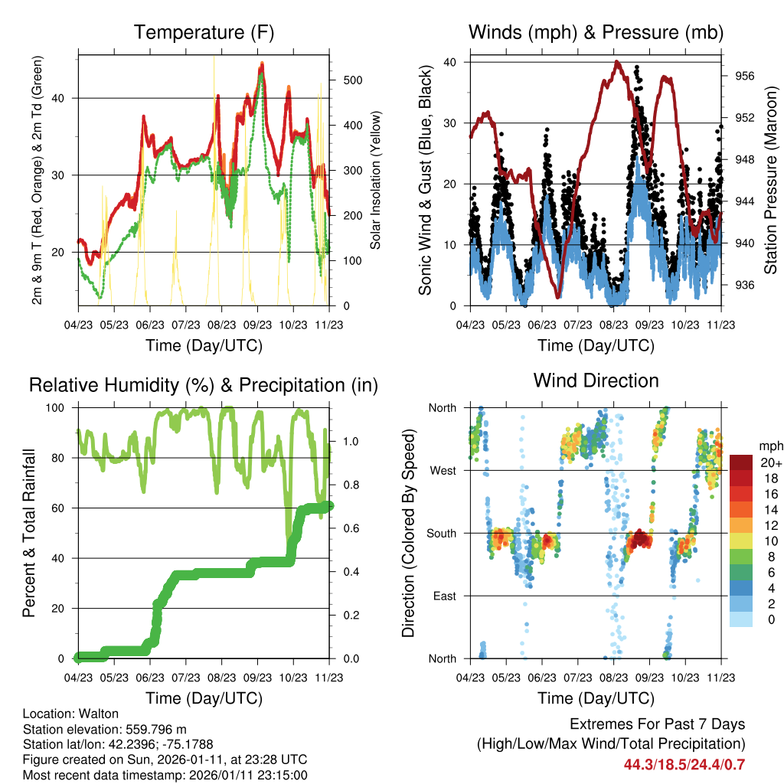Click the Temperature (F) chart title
click(203, 32)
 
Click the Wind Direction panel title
click(596, 380)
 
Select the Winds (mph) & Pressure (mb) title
click(596, 32)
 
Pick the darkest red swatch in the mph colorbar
click(740, 462)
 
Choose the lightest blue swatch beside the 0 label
click(740, 619)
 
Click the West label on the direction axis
click(442, 470)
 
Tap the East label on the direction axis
click(443, 596)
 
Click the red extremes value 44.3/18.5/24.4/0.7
click(684, 764)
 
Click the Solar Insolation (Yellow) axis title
click(375, 180)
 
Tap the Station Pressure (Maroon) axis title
click(770, 180)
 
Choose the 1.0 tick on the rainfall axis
click(351, 442)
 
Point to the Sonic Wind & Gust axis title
click(426, 180)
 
